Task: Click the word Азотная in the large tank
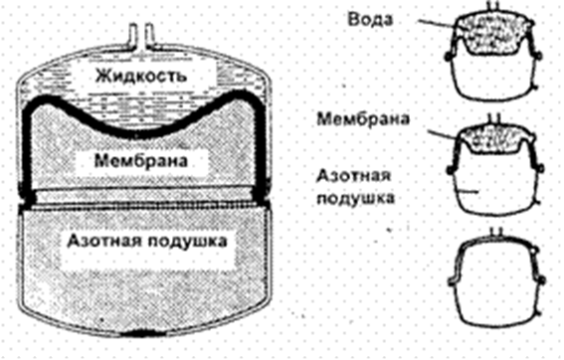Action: [x=101, y=241]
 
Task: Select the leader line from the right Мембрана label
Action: [x=443, y=132]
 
